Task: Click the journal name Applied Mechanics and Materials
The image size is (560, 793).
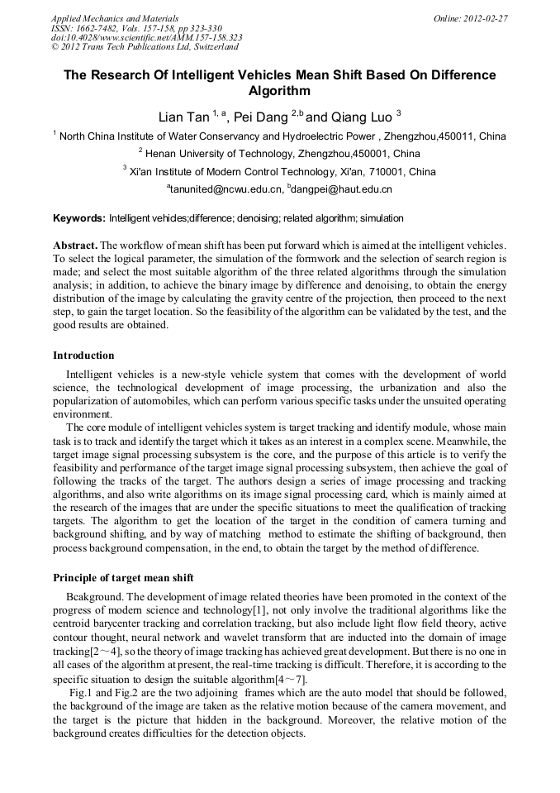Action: point(114,17)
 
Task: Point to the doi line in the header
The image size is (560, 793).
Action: point(146,37)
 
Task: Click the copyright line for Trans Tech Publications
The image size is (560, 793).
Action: point(145,47)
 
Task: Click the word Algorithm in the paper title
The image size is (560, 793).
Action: point(279,91)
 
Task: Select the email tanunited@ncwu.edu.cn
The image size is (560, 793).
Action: point(224,190)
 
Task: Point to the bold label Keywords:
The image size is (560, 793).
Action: point(79,218)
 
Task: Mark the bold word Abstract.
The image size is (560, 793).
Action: point(75,246)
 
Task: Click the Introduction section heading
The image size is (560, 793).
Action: point(83,356)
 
